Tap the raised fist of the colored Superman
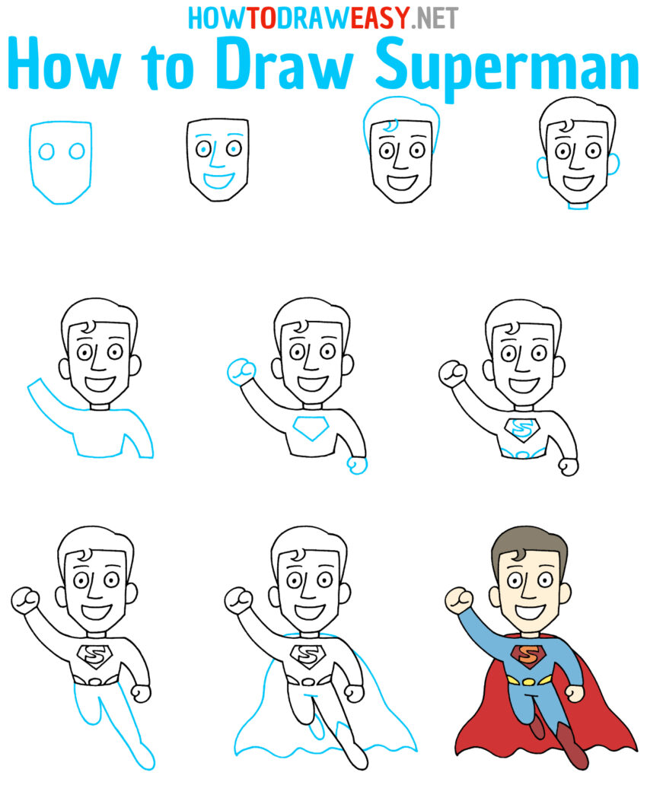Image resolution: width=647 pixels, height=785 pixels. coord(458,599)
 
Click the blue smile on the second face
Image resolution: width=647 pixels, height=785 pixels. coord(218,180)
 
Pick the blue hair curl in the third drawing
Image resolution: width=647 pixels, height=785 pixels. coord(390,126)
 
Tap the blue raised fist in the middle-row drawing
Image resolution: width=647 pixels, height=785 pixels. coord(242,371)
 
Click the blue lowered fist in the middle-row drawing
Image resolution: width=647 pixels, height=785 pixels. coord(357,463)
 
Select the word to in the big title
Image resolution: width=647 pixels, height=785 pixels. coord(161,67)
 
